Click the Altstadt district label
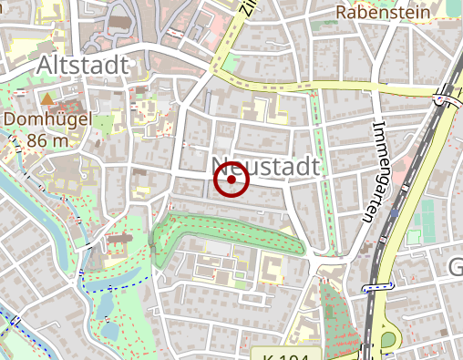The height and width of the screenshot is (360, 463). pyautogui.click(x=82, y=66)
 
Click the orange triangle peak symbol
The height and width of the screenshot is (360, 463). pyautogui.click(x=46, y=97)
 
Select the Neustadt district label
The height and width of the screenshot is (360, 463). pyautogui.click(x=266, y=167)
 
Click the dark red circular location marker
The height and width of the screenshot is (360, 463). pyautogui.click(x=231, y=180)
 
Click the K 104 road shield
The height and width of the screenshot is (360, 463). pyautogui.click(x=284, y=354)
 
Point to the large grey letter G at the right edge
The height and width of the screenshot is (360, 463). pyautogui.click(x=456, y=267)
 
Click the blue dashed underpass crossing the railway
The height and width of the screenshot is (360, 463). pyautogui.click(x=377, y=288)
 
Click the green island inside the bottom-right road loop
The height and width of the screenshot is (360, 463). pyautogui.click(x=388, y=340)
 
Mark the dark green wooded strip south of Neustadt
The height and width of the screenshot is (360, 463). pyautogui.click(x=228, y=232)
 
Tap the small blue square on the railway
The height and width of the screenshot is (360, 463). pyautogui.click(x=394, y=213)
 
